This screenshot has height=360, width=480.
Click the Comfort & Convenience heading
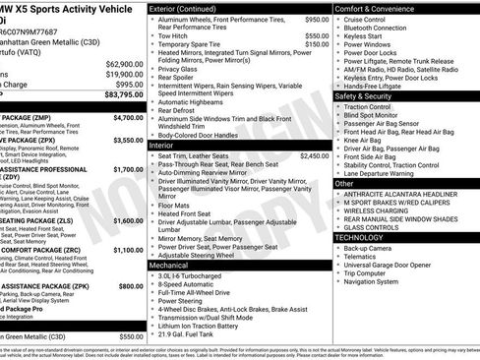point(379,8)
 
